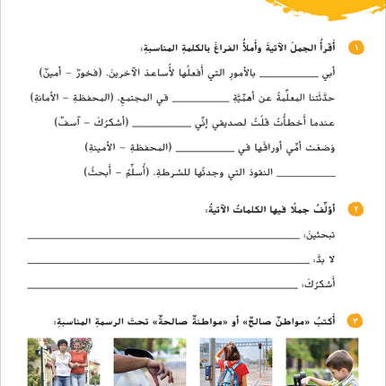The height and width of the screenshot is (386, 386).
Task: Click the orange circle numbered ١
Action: [x=355, y=48]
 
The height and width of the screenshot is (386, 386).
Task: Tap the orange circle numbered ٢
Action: [x=355, y=209]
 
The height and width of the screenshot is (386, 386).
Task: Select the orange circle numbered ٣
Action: [x=355, y=320]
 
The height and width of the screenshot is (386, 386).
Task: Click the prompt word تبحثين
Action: [x=318, y=234]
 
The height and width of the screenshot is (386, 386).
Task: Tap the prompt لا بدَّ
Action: [x=325, y=259]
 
